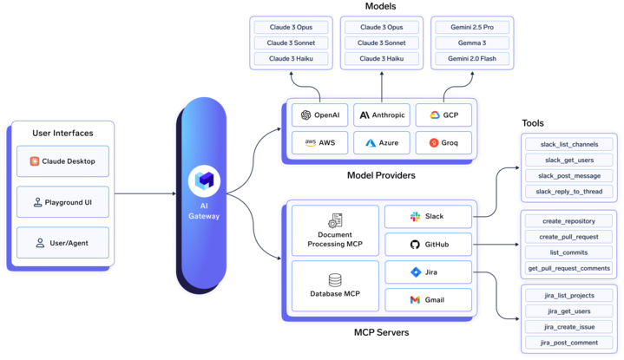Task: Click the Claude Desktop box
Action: click(x=62, y=161)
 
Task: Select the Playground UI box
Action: click(x=62, y=202)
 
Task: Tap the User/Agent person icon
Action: click(x=40, y=243)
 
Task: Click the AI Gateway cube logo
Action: click(x=204, y=181)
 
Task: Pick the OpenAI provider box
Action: click(x=319, y=115)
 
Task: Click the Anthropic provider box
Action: click(x=382, y=115)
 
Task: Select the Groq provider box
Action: click(x=443, y=143)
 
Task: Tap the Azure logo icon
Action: click(x=371, y=143)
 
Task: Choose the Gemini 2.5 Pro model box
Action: click(x=472, y=27)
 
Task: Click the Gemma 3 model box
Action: click(x=472, y=43)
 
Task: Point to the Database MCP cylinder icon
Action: click(x=335, y=280)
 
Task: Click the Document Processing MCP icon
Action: click(x=335, y=220)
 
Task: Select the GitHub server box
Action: click(x=428, y=245)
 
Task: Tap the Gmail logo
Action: click(x=415, y=300)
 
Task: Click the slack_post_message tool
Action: click(x=569, y=176)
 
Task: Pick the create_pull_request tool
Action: click(x=569, y=237)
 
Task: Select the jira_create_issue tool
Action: click(x=569, y=327)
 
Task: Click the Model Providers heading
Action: click(x=381, y=175)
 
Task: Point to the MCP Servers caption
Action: click(x=382, y=332)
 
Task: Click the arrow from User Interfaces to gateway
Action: click(x=145, y=193)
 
